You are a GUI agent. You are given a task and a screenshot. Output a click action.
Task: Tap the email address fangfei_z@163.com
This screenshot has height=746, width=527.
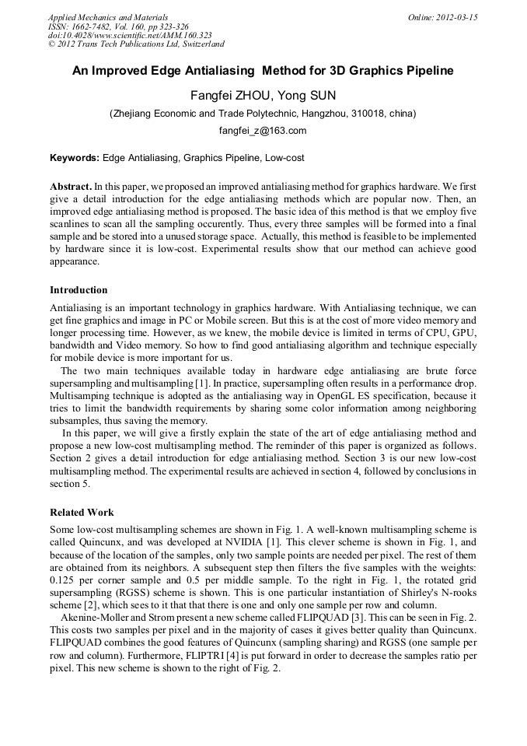click(x=263, y=131)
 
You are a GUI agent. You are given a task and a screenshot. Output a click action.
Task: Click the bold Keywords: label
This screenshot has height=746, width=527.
click(x=75, y=158)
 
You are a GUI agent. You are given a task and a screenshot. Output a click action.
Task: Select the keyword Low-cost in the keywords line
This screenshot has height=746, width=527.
click(x=284, y=158)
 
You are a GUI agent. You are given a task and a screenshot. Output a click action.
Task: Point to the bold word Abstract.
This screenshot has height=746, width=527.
click(x=71, y=187)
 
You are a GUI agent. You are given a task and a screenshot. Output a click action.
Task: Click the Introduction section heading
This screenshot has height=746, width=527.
click(x=79, y=290)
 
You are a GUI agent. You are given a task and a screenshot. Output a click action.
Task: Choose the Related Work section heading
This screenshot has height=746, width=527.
click(x=82, y=513)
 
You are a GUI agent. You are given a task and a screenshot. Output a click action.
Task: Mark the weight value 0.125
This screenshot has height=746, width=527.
click(x=63, y=580)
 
